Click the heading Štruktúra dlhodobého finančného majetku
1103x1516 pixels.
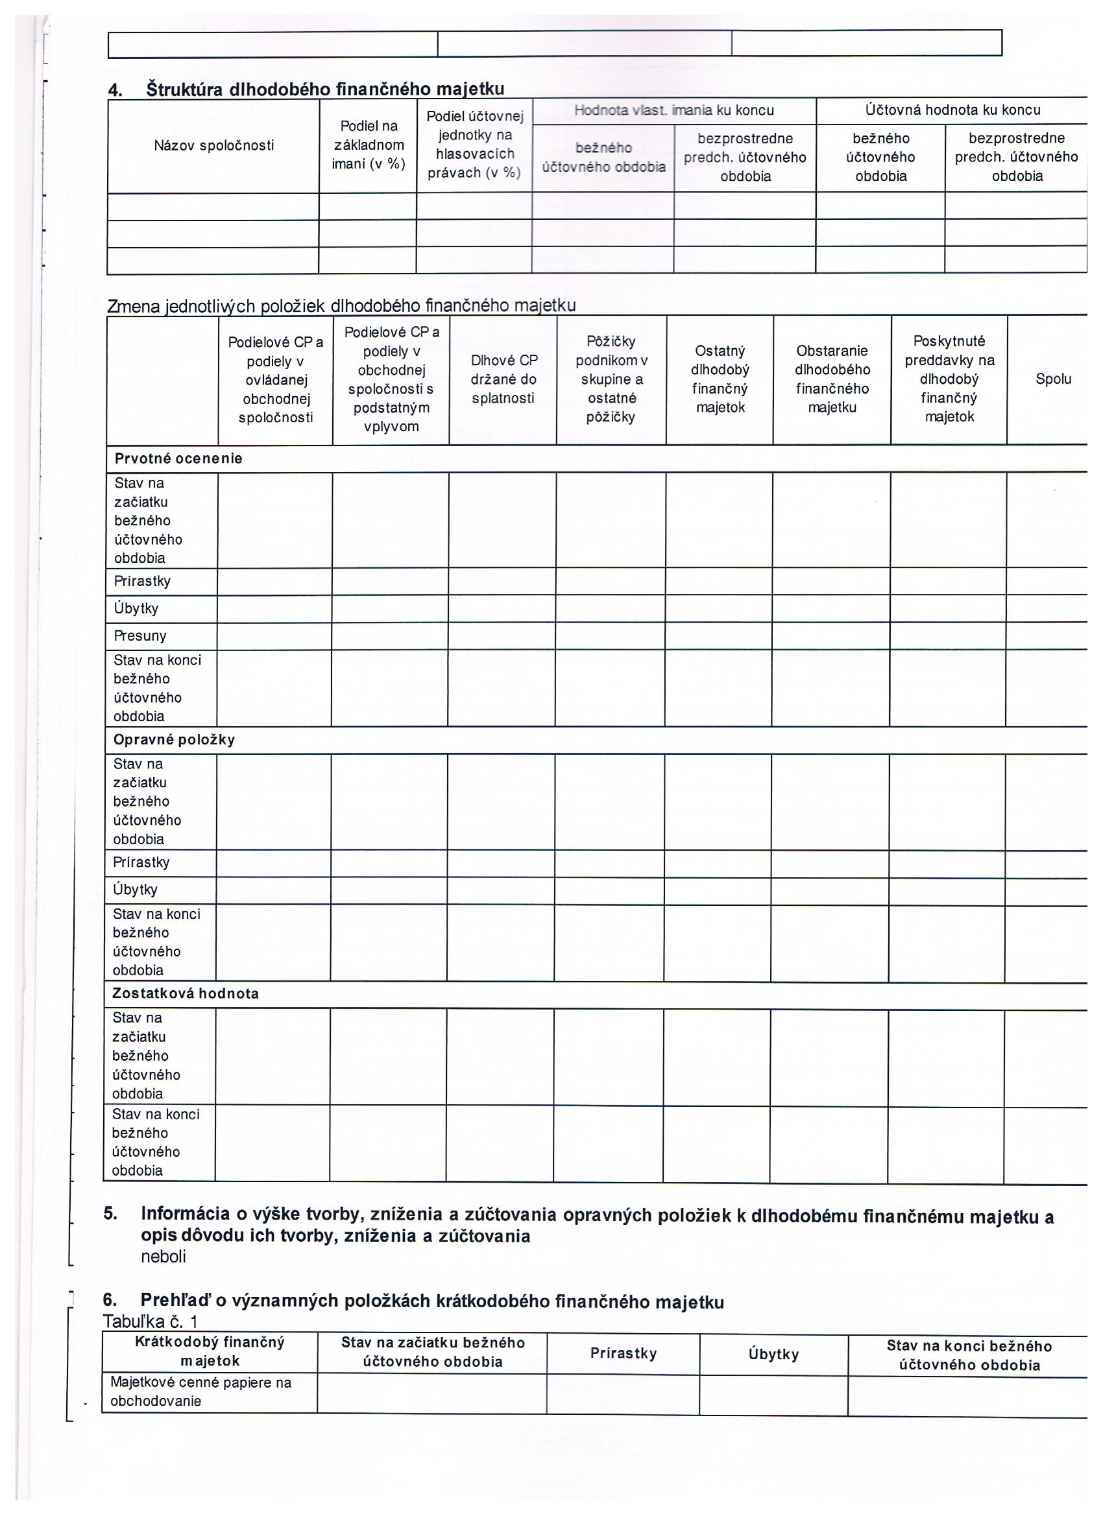(324, 89)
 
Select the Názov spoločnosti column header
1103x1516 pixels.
(213, 146)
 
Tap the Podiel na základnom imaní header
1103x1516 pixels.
(369, 145)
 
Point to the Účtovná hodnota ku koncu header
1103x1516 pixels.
(952, 110)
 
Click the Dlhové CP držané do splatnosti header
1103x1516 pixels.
(503, 379)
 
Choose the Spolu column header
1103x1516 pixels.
(1053, 379)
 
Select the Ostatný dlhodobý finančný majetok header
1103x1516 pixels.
(720, 379)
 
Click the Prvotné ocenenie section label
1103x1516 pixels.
(178, 458)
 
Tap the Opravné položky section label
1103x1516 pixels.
(174, 740)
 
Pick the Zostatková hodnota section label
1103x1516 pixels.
(186, 993)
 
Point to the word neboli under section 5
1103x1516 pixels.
(164, 1257)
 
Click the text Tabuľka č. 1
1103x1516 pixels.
(150, 1321)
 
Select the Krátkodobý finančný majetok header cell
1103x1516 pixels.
(210, 1351)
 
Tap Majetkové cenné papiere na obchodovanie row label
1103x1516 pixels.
(200, 1392)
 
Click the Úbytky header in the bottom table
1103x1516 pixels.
(773, 1355)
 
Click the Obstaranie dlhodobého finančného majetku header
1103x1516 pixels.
(832, 379)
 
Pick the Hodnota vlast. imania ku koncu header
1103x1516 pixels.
(673, 110)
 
